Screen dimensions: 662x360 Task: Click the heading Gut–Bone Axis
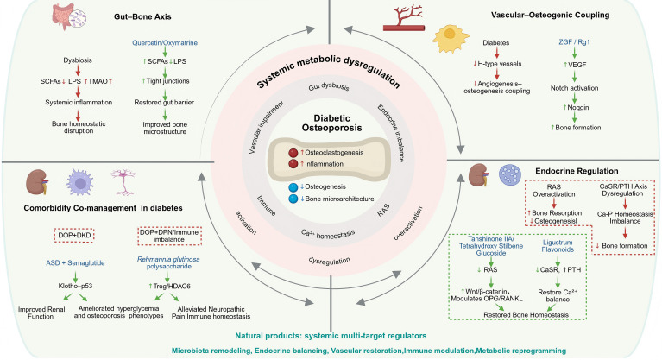pos(142,17)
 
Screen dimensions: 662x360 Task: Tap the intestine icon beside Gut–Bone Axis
pos(63,16)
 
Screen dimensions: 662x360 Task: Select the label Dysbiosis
pos(78,60)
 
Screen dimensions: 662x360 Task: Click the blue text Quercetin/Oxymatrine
pos(165,42)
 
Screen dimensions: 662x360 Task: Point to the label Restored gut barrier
pos(164,102)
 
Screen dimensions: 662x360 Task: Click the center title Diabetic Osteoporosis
pos(331,123)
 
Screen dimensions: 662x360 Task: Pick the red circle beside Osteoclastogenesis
pos(293,153)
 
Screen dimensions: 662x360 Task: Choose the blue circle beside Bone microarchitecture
pos(293,199)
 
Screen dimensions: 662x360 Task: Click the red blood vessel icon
pos(404,18)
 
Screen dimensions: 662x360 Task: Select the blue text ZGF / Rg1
pos(574,41)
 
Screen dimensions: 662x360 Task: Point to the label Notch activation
pos(574,88)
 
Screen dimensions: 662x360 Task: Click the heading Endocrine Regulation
pos(577,171)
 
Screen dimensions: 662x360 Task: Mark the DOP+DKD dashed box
pos(74,235)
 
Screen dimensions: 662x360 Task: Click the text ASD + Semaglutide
pos(76,262)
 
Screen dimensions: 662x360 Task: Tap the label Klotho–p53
pos(76,286)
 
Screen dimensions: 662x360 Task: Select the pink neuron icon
pos(123,182)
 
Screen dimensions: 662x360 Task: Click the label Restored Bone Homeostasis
pos(526,315)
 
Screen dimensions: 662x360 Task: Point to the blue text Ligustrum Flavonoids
pos(558,246)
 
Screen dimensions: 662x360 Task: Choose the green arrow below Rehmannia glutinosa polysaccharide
pos(167,277)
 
